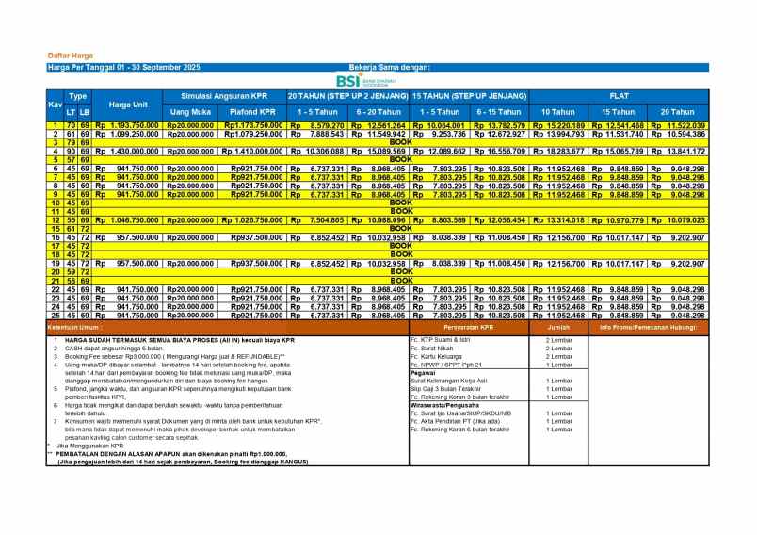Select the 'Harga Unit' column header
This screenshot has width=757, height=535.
127,104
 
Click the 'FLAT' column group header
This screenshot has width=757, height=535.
618,96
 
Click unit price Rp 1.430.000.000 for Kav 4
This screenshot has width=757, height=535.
125,151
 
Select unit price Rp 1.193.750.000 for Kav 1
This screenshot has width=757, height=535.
125,125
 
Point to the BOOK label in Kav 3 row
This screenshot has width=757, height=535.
401,142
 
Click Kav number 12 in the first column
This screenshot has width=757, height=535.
55,219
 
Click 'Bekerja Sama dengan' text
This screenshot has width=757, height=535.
389,68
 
